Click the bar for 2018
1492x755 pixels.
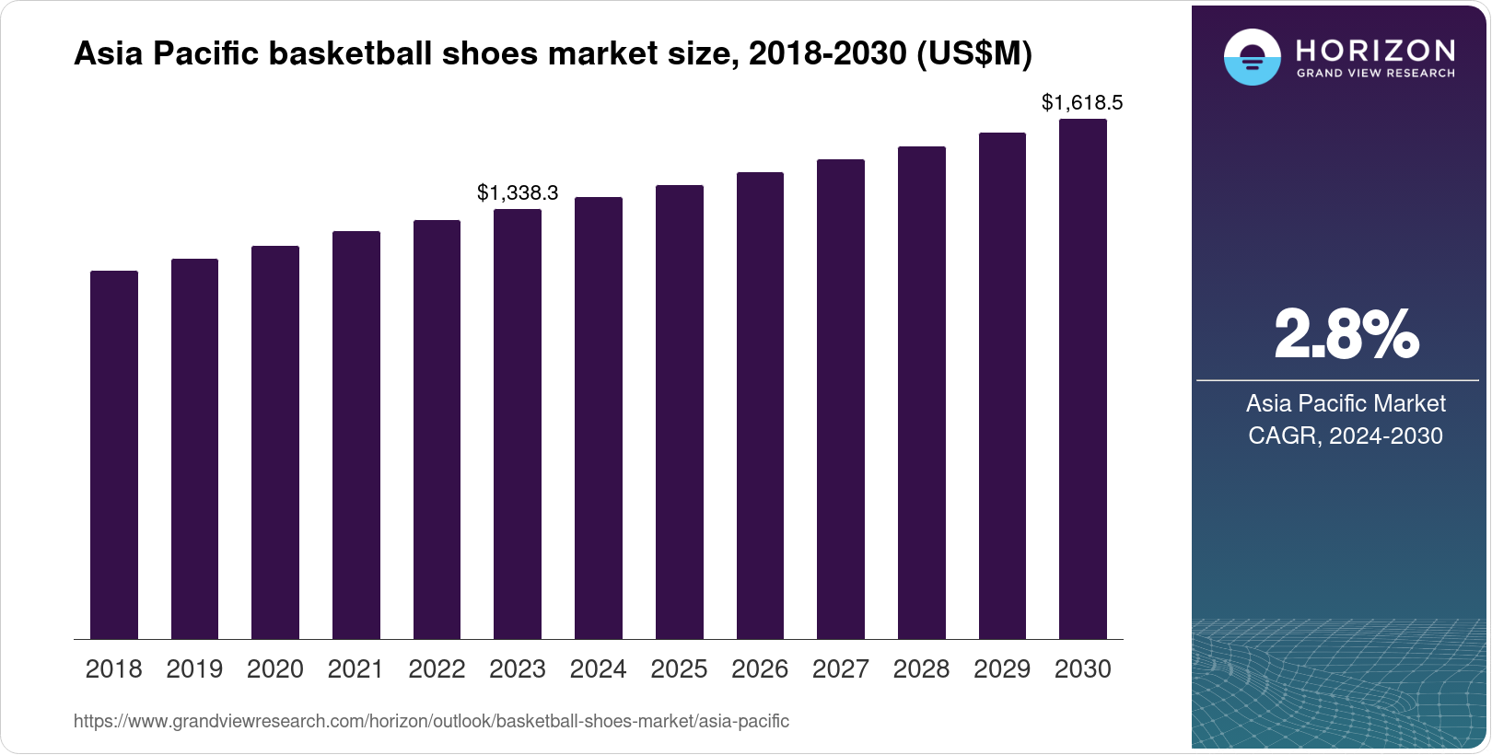coord(114,455)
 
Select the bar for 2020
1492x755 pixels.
coord(275,442)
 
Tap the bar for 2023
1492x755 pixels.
coord(518,424)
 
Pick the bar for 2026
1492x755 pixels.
coord(760,405)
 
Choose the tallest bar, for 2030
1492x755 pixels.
coord(1083,378)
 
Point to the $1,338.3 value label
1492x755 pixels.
coord(518,192)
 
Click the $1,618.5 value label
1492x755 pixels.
coord(1082,102)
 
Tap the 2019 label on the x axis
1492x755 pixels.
coord(194,669)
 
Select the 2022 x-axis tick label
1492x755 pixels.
coord(437,669)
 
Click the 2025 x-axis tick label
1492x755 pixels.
coord(679,669)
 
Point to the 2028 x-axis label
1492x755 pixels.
coord(921,669)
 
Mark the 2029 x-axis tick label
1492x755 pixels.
coord(1002,669)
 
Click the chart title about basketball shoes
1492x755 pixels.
coord(553,54)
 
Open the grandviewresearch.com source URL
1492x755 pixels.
coord(431,721)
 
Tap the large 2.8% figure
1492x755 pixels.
coord(1346,334)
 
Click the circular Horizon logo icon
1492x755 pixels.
coord(1252,58)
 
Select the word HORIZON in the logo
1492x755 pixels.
coord(1376,50)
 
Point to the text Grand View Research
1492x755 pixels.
coord(1376,74)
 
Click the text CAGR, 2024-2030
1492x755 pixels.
coord(1346,436)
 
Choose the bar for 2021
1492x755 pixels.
coord(356,435)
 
